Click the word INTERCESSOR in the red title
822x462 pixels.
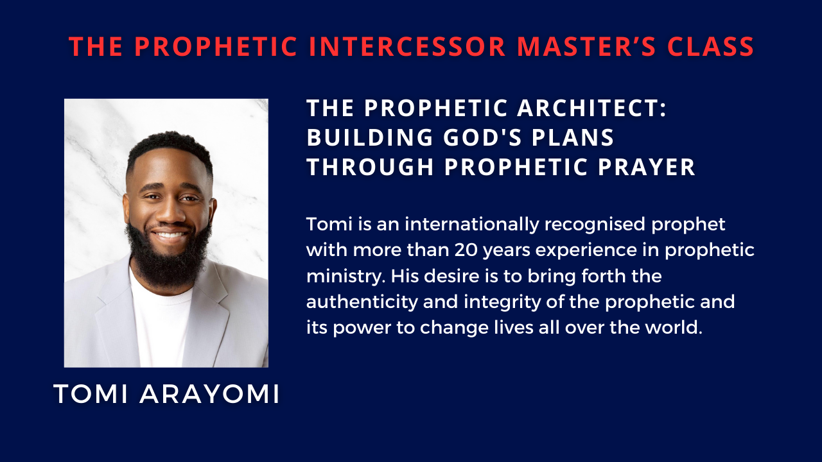[x=407, y=47]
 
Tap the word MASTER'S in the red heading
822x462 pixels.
[x=586, y=47]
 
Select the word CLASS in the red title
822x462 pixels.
[x=710, y=47]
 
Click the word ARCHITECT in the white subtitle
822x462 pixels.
[x=591, y=108]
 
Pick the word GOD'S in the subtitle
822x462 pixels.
[x=482, y=137]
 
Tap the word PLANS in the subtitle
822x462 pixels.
[x=573, y=137]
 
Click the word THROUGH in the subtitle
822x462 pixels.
[x=371, y=167]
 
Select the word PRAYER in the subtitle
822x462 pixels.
[x=647, y=167]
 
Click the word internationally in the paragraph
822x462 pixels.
[x=472, y=225]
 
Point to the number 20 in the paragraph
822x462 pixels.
[x=466, y=250]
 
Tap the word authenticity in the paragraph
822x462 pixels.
[x=362, y=302]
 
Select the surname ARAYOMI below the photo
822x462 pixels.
[x=209, y=395]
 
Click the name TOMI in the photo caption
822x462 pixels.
[x=91, y=395]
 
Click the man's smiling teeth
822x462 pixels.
[x=170, y=235]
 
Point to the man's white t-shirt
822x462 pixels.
[x=161, y=323]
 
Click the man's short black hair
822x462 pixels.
[x=170, y=147]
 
